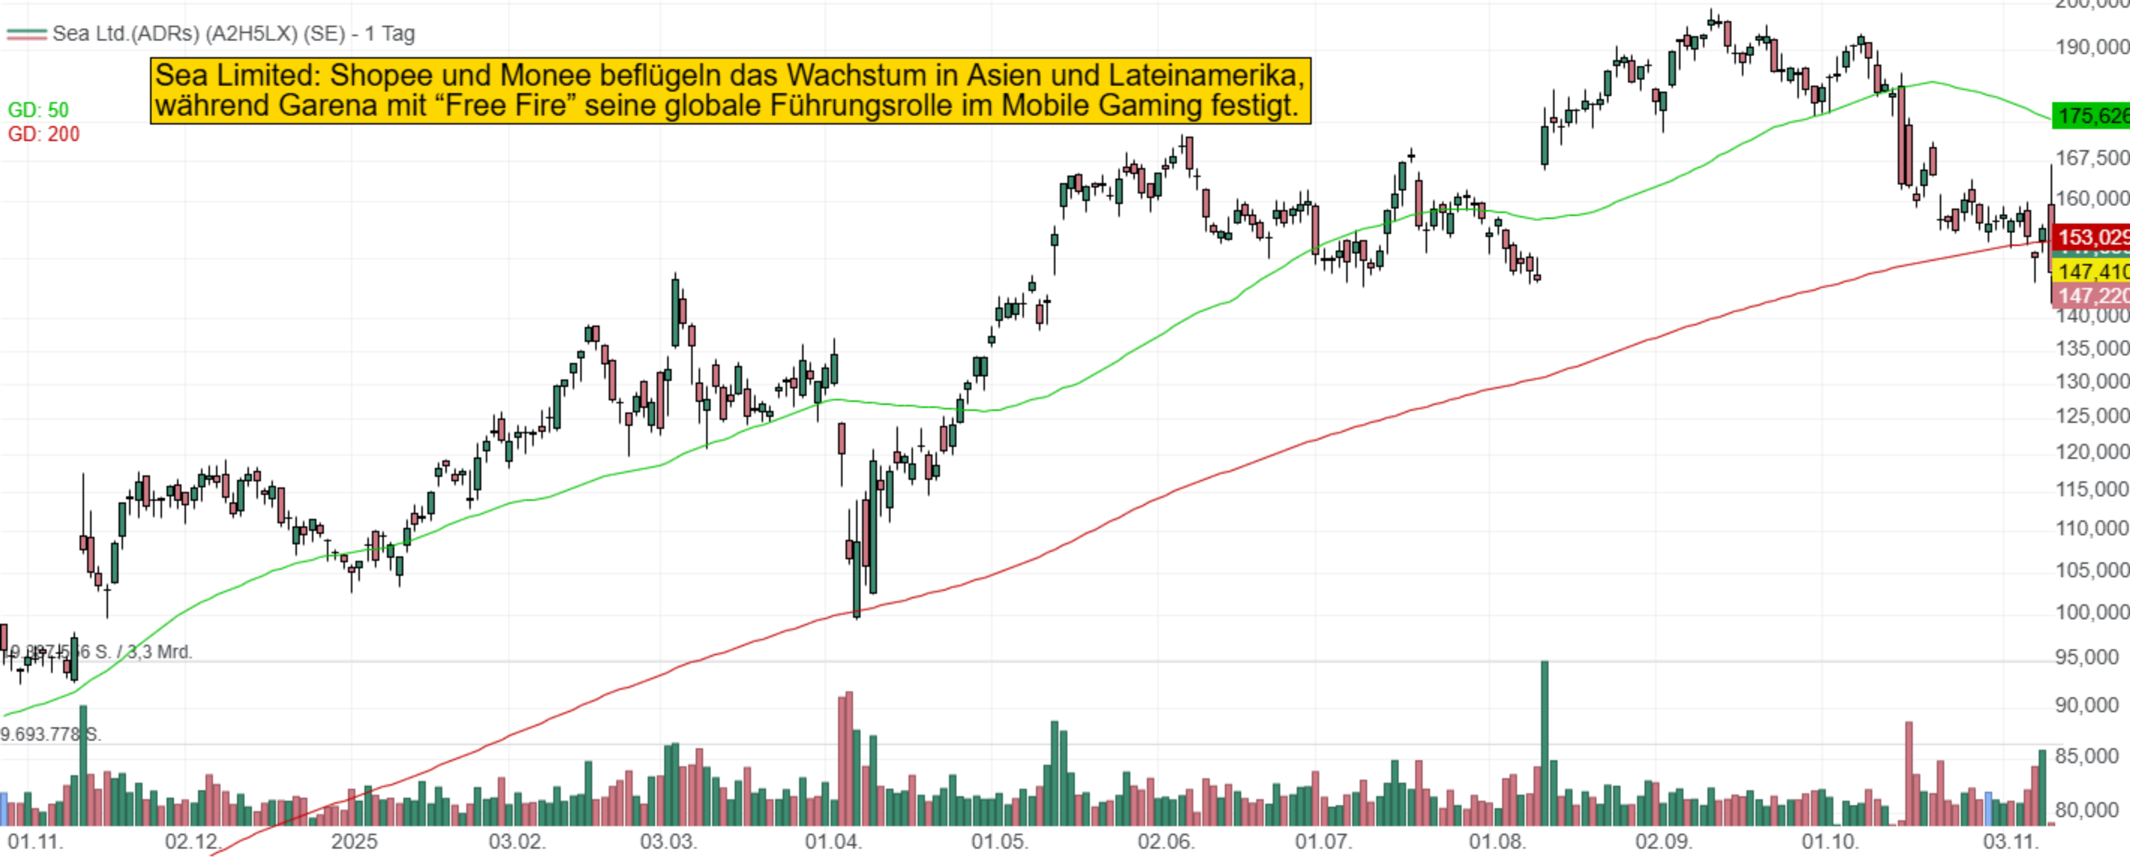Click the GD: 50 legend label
(x=38, y=110)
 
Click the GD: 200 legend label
(x=43, y=134)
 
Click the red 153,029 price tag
(x=2091, y=238)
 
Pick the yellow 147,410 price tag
(x=2091, y=271)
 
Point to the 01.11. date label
(x=34, y=843)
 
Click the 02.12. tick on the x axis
(x=193, y=843)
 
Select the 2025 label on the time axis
(x=354, y=843)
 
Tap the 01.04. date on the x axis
(x=833, y=843)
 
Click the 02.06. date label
(x=1165, y=843)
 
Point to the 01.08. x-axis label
(x=1497, y=843)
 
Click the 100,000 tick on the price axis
(x=2091, y=612)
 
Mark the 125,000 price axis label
(x=2091, y=415)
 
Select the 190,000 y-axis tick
(x=2091, y=47)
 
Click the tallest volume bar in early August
(x=1544, y=744)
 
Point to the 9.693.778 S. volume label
(x=49, y=735)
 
